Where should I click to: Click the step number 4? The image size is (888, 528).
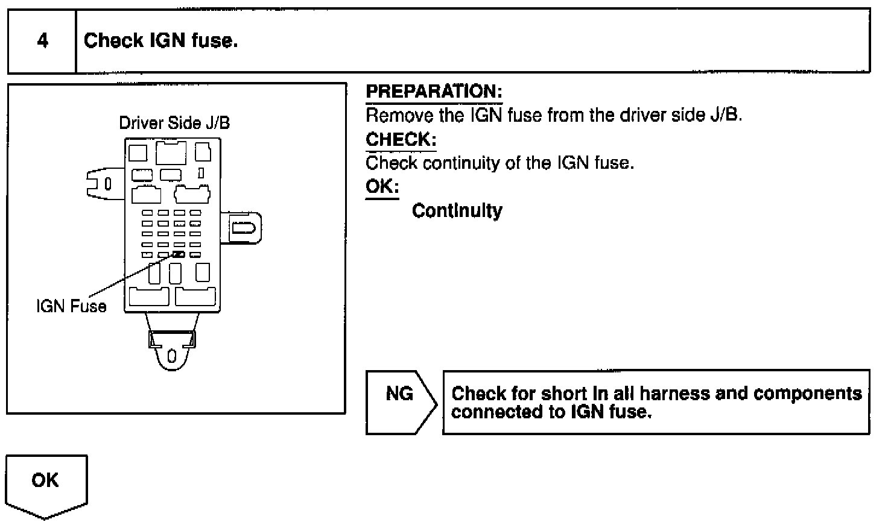click(42, 41)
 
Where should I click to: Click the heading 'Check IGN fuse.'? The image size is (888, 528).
click(160, 41)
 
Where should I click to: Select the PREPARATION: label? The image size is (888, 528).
click(434, 92)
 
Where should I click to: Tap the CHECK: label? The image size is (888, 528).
click(401, 140)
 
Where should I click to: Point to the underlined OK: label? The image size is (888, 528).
click(382, 186)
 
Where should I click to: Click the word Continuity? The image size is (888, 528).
click(457, 211)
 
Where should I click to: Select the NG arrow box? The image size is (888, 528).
click(400, 401)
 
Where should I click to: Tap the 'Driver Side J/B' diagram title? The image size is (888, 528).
click(174, 123)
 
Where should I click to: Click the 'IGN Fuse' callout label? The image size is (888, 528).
click(71, 306)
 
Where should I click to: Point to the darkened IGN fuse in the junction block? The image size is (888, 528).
click(179, 254)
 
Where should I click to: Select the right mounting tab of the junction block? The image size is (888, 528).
click(244, 228)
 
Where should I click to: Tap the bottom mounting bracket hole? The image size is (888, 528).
click(172, 356)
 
